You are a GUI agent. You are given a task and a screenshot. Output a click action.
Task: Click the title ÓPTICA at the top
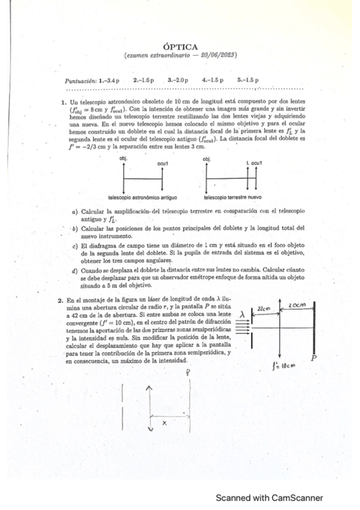point(180,46)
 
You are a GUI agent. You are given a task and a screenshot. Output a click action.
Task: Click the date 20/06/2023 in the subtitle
point(218,56)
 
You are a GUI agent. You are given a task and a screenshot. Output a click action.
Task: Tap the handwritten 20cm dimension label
point(297,306)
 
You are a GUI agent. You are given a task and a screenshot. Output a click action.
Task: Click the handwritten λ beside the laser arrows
point(242,313)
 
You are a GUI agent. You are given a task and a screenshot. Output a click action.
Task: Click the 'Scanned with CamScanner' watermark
point(269,497)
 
